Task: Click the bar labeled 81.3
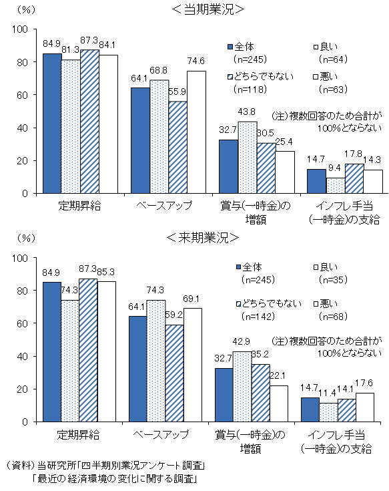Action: pos(71,127)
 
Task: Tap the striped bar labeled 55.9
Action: pos(177,148)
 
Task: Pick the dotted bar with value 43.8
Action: pos(248,158)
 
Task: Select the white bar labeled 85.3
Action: pos(108,351)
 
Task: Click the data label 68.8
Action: pos(159,71)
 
